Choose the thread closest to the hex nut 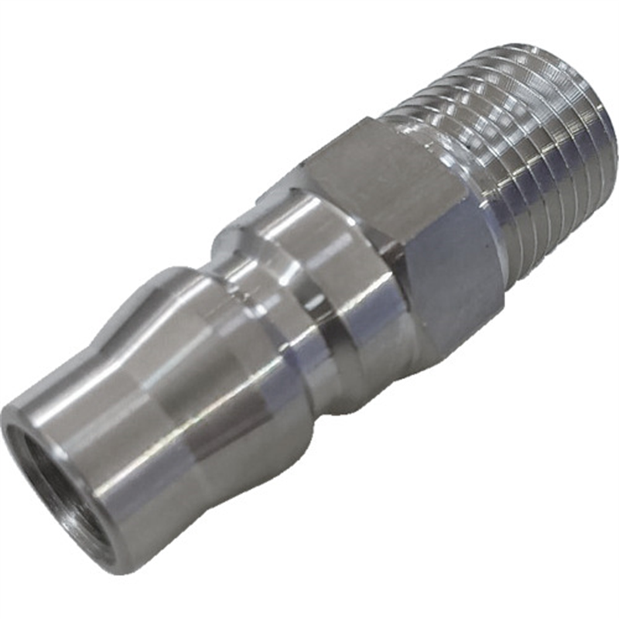[x=464, y=155]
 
